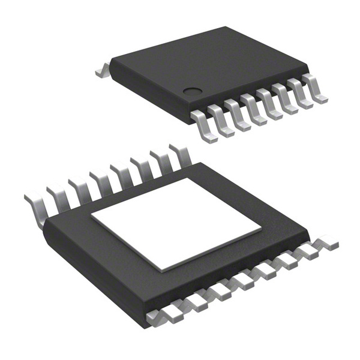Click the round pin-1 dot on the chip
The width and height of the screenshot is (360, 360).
192,92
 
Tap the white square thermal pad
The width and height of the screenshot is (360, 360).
176,224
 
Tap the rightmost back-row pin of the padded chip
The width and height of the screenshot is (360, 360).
181,154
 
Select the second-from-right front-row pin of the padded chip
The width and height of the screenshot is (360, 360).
308,253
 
